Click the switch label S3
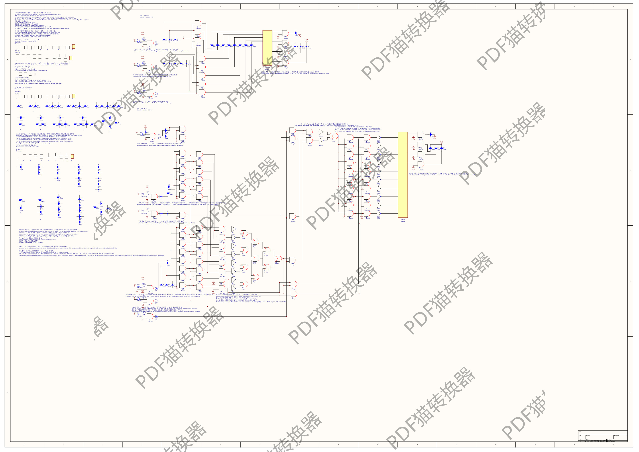138,40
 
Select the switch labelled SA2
141,133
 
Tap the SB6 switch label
142,193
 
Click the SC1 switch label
142,210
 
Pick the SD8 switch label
138,285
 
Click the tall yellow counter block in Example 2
402,175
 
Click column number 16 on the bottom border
613,445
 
